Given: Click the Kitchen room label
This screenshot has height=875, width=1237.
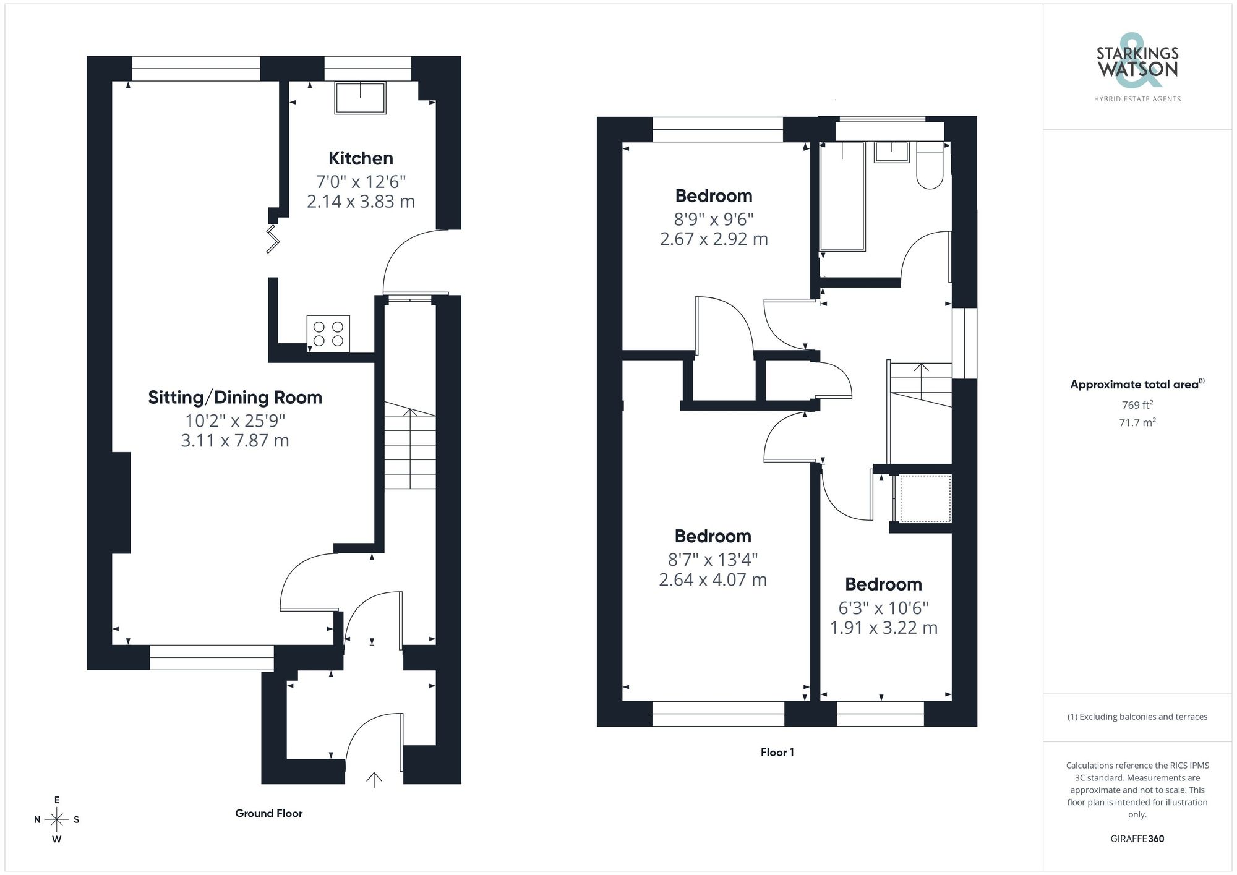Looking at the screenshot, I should coord(361,158).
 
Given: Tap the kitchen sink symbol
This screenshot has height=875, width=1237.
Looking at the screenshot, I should coord(360,98).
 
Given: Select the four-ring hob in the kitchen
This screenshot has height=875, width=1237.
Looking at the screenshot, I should coord(328,334).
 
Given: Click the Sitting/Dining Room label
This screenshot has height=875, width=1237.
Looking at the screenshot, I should coord(235,397).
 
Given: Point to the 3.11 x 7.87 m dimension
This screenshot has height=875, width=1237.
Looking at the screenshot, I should coord(235,441).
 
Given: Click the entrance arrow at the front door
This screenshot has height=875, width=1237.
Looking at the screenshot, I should coord(374,779).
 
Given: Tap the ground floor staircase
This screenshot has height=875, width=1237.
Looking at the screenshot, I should coord(410,445).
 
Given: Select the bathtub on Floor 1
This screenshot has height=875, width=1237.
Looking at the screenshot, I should coord(842,196).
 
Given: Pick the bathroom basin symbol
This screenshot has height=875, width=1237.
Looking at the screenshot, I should coord(892,152).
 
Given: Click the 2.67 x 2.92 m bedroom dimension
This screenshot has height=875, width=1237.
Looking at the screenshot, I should coord(714,239).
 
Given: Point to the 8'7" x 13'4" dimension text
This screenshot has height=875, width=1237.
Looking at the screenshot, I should coord(713,560).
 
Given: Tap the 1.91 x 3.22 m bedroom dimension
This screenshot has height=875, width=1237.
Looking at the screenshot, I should coord(883,628).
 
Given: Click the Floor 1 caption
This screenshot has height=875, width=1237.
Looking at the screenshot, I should coord(777,753).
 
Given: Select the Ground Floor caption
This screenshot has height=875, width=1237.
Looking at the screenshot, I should coord(268,814).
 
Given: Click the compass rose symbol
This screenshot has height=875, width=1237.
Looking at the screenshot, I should coord(57,820).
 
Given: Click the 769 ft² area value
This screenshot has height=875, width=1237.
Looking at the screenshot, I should coord(1137,405).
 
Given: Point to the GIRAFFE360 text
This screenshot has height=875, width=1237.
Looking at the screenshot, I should coord(1137,839).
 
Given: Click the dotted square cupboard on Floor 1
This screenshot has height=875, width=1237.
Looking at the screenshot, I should coord(925,498).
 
